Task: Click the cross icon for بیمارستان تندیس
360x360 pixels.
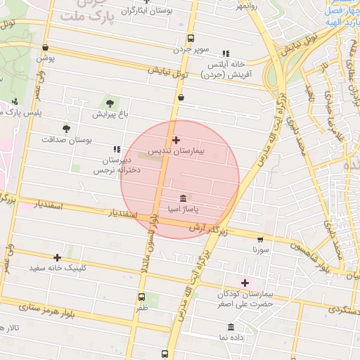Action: point(176,141)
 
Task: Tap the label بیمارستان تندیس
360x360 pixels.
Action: point(198,151)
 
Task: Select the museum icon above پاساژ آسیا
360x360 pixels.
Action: point(184,198)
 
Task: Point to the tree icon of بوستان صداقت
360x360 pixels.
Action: point(66,129)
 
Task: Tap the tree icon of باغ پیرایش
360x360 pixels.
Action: point(110,103)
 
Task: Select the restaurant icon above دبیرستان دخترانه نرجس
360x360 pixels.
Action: point(116,149)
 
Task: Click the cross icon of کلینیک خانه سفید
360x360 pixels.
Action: point(57,257)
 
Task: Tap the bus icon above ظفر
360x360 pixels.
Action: point(142,297)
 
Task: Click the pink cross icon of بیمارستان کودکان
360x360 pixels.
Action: point(245,282)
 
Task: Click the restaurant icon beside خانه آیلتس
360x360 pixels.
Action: point(226,53)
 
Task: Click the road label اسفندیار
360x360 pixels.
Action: point(49,206)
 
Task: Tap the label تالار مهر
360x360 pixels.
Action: point(13,328)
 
